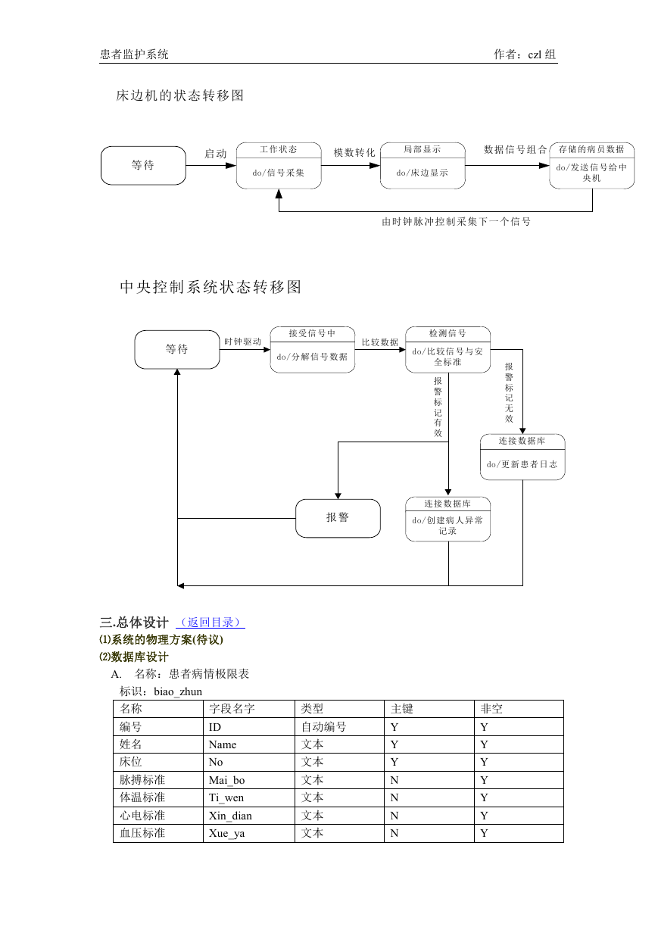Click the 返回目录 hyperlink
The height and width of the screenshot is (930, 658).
(x=210, y=623)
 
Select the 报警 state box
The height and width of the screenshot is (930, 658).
(x=338, y=518)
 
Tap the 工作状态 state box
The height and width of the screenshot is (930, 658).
(x=279, y=166)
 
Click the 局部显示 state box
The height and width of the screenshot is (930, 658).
(x=423, y=166)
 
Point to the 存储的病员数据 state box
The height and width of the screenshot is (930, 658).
(x=591, y=166)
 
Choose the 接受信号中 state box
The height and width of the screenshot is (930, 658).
(x=313, y=350)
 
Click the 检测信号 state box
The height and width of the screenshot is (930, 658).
(x=448, y=350)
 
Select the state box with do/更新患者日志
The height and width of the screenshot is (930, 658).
(x=522, y=457)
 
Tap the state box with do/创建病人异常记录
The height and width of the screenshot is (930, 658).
(x=448, y=519)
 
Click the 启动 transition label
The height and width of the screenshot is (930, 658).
(x=216, y=154)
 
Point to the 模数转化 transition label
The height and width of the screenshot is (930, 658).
(x=354, y=153)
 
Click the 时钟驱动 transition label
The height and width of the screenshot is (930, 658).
(x=243, y=342)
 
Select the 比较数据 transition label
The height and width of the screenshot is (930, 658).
(x=380, y=342)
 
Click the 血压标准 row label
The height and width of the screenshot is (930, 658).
(x=142, y=833)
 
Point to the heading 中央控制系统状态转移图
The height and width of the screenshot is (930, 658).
(x=210, y=287)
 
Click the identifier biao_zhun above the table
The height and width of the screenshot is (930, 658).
(x=178, y=691)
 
